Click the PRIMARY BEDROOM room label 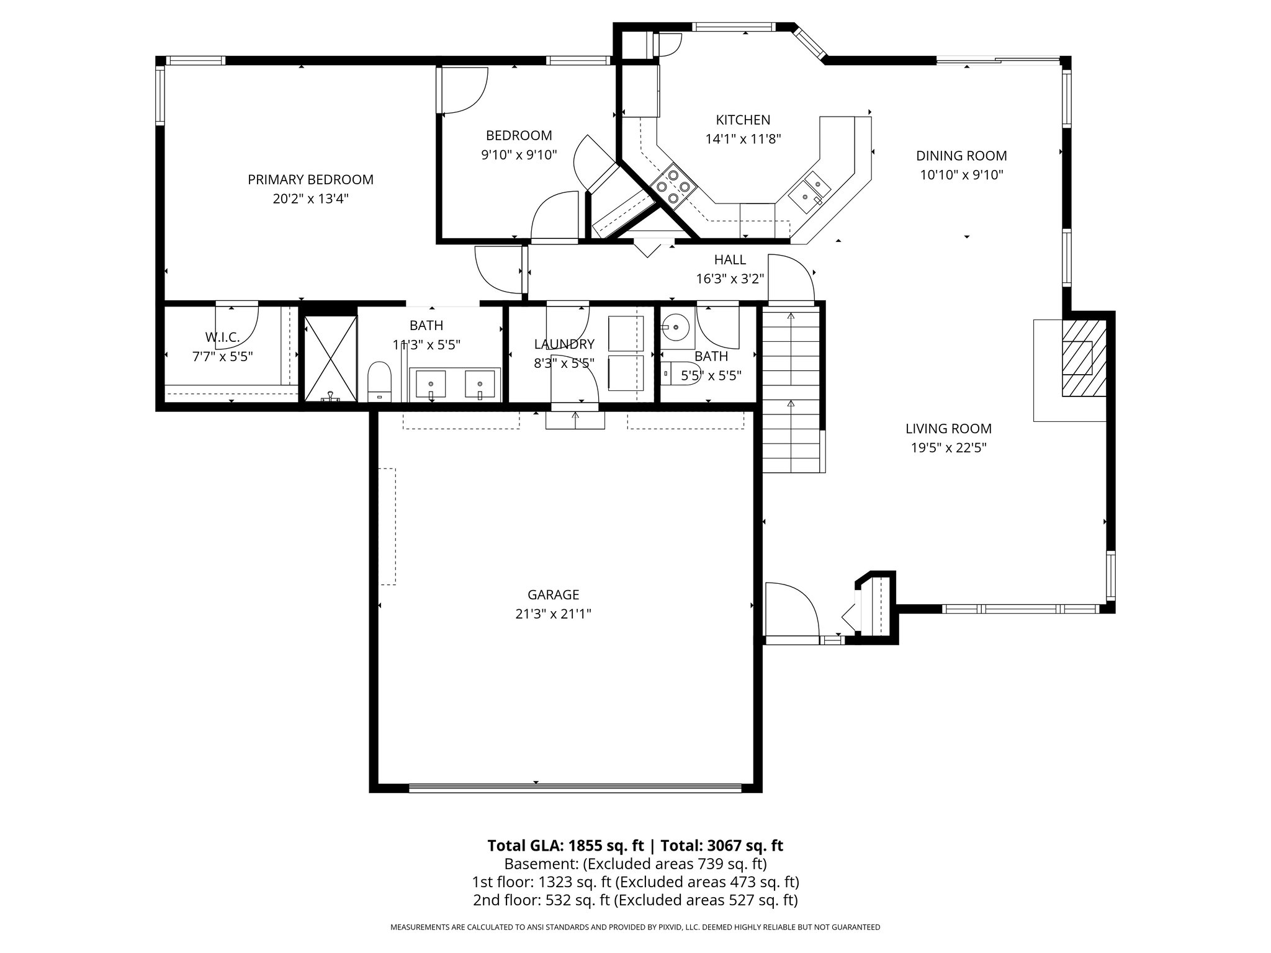[310, 180]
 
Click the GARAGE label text [553, 595]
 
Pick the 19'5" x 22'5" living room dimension [948, 447]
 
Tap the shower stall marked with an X [331, 359]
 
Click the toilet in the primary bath [379, 382]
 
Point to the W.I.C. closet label [222, 338]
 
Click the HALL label [730, 260]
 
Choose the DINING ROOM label [961, 156]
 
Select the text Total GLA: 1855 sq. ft [566, 846]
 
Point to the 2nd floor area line [635, 900]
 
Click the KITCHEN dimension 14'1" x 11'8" [743, 138]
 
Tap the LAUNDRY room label [564, 344]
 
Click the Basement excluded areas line [635, 864]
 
